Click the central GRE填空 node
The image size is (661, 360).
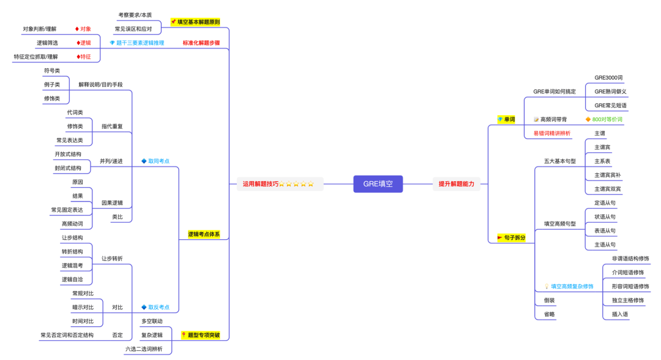pyautogui.click(x=378, y=184)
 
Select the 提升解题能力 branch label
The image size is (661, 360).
pyautogui.click(x=455, y=184)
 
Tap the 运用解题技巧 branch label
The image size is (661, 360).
pyautogui.click(x=260, y=184)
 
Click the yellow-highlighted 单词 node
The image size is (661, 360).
pyautogui.click(x=506, y=119)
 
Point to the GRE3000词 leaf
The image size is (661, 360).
pyautogui.click(x=608, y=78)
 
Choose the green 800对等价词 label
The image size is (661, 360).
pyautogui.click(x=607, y=119)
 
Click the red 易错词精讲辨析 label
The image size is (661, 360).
pyautogui.click(x=548, y=133)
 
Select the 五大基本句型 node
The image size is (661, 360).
pyautogui.click(x=559, y=161)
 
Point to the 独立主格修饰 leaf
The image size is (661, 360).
pyautogui.click(x=627, y=300)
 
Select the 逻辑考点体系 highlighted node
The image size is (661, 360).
pyautogui.click(x=203, y=234)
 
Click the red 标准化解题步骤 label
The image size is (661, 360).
pyautogui.click(x=201, y=43)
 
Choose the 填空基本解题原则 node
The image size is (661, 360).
pyautogui.click(x=198, y=22)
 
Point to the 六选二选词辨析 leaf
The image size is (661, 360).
pyautogui.click(x=144, y=349)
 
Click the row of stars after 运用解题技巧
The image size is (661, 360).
pyautogui.click(x=297, y=184)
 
